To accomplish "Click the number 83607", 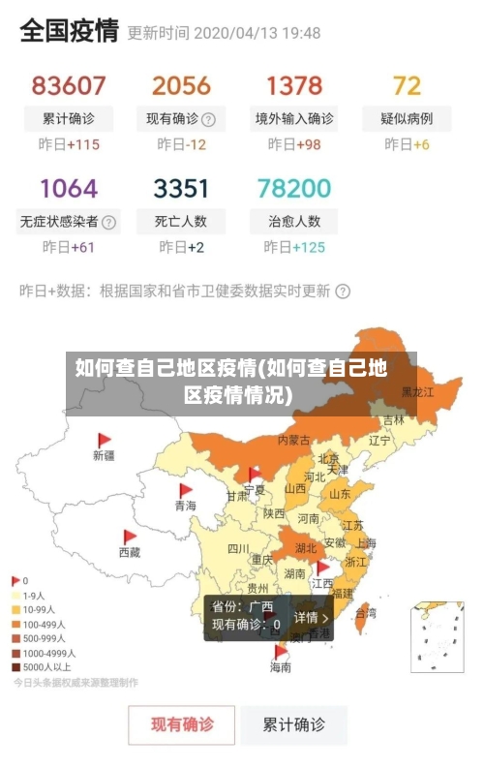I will [68, 85].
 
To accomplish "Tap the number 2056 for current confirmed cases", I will [181, 85].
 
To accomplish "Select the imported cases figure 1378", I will [294, 85].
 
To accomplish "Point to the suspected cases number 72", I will [407, 85].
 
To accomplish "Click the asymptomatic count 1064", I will [68, 187].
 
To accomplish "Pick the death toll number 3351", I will [181, 187].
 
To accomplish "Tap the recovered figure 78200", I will [294, 187].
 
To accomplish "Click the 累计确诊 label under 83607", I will [68, 119].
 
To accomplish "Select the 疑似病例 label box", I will [407, 119].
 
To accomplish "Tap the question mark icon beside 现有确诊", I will [208, 120].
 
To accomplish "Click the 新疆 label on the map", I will [104, 455].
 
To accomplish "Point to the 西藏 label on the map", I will [130, 552].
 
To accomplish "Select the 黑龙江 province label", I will [418, 392].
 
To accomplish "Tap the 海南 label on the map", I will [280, 667].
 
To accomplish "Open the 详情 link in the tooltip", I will [311, 617].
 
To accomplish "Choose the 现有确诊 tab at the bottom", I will [182, 723].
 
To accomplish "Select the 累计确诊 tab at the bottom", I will [295, 723].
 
